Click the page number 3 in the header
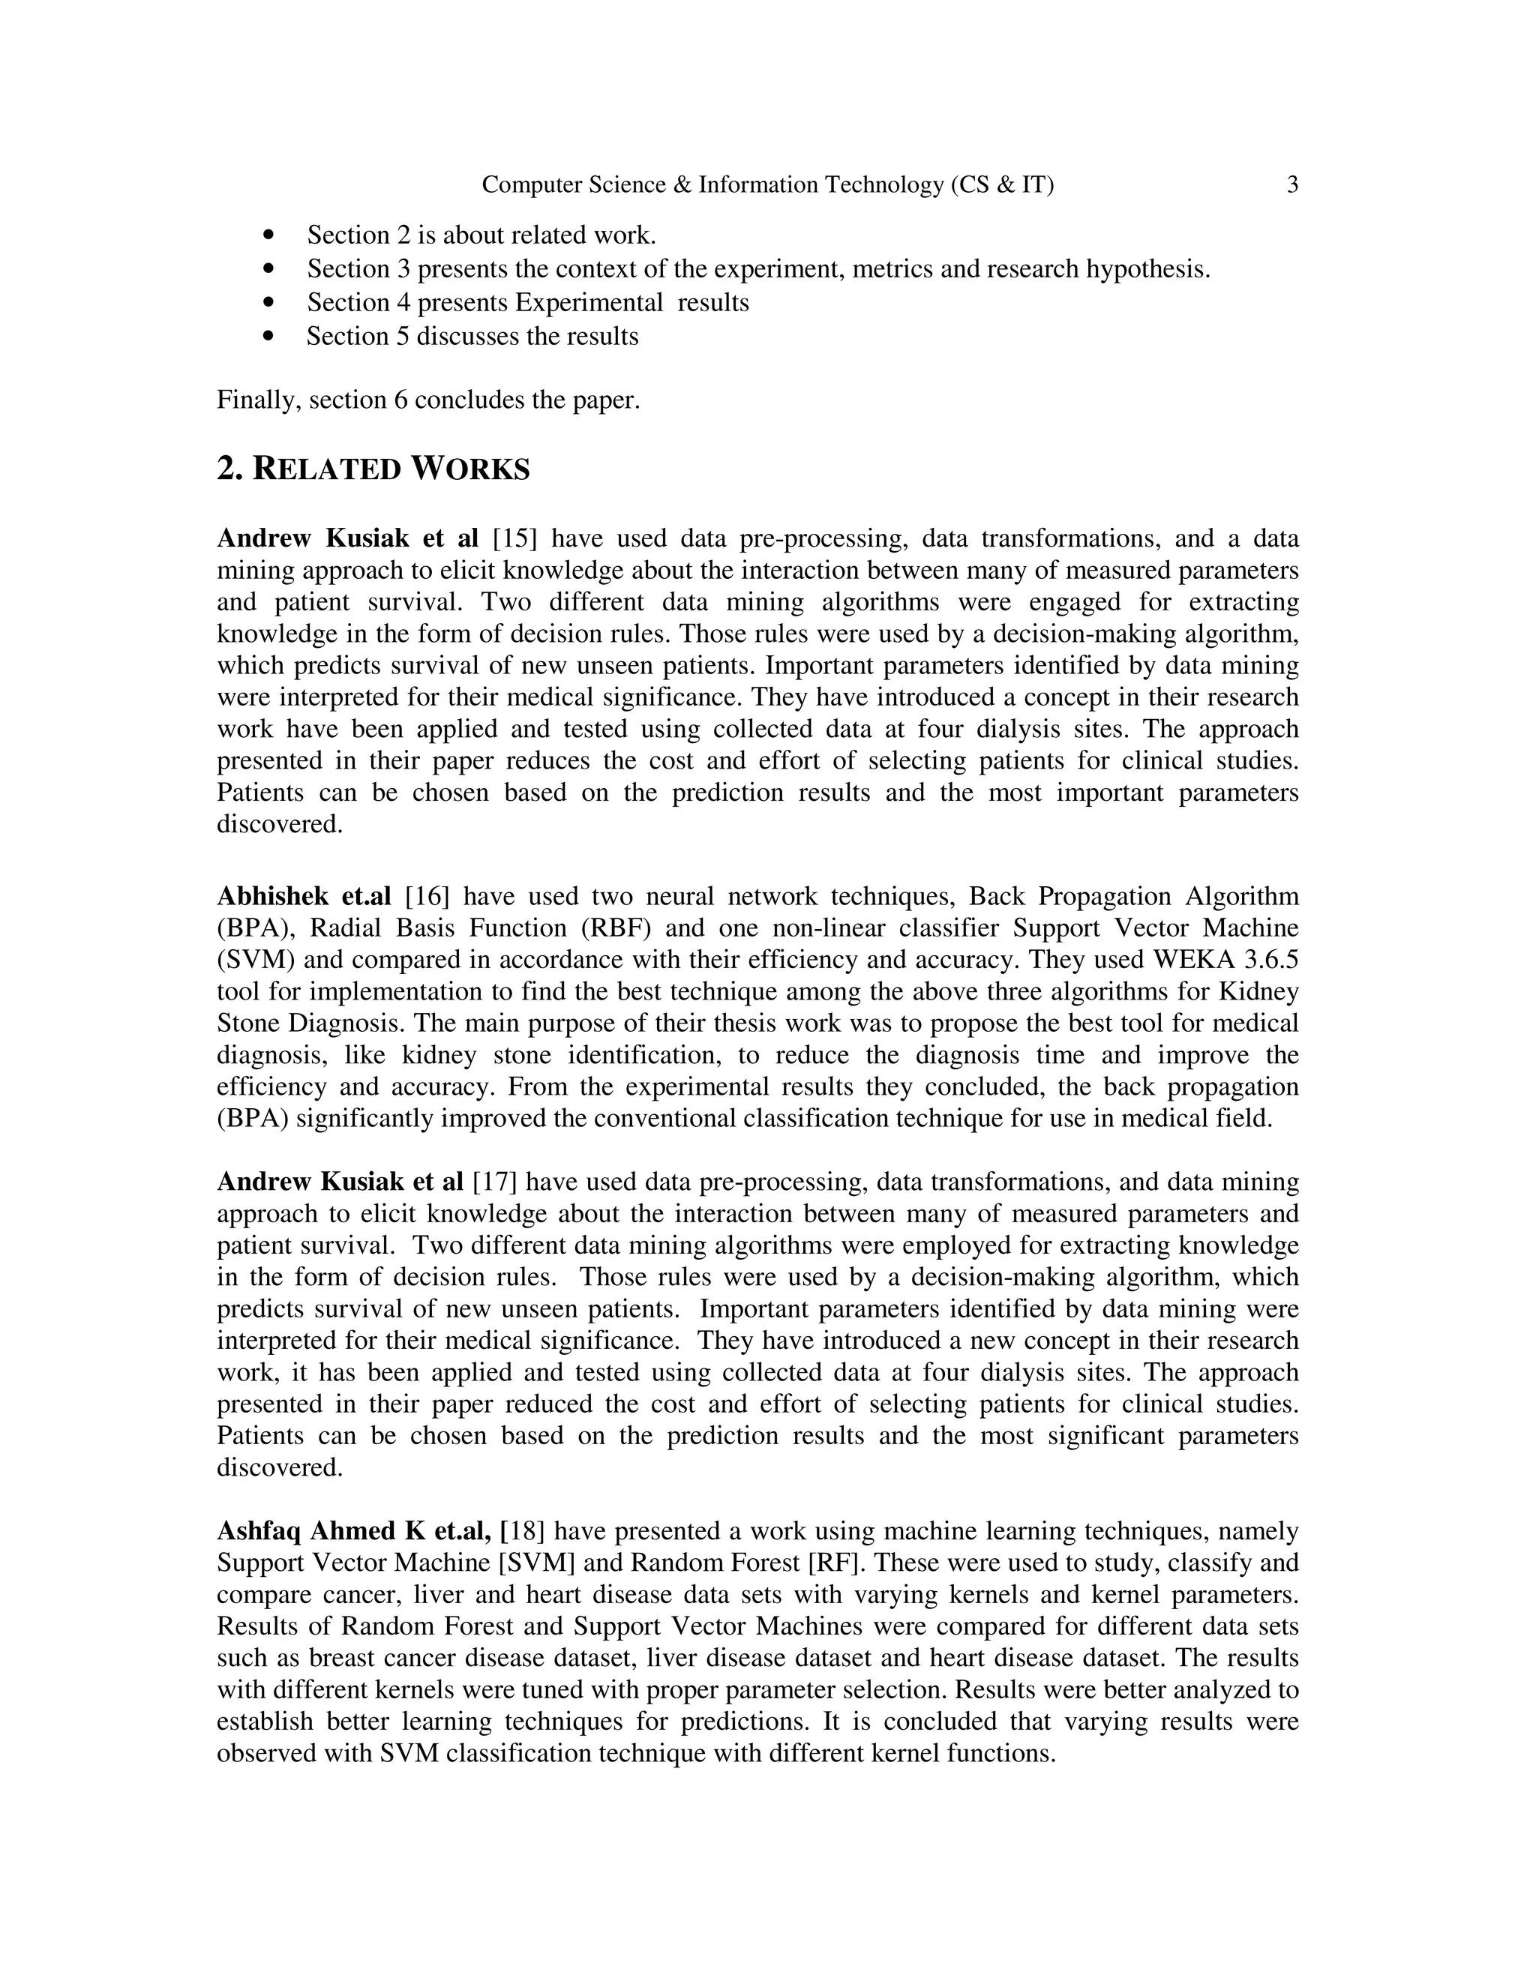point(1292,186)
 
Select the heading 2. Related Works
point(373,469)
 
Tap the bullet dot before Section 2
point(268,235)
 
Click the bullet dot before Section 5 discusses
point(268,337)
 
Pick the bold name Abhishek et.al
point(303,897)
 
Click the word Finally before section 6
point(259,401)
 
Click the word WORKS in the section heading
point(469,469)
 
